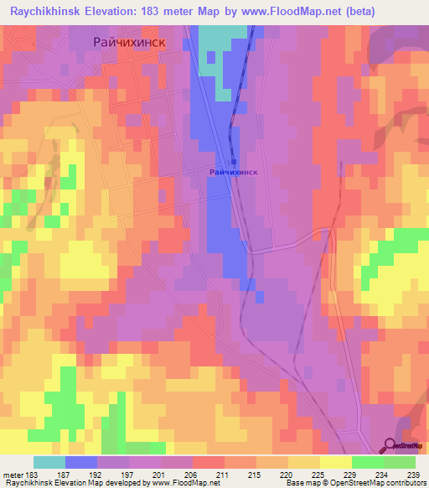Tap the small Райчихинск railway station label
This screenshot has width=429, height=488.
tap(233, 172)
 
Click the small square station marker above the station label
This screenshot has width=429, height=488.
tap(234, 162)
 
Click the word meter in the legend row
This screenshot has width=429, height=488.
tap(13, 475)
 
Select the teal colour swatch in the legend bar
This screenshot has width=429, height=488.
tap(49, 462)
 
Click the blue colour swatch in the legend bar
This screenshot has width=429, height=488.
tap(81, 462)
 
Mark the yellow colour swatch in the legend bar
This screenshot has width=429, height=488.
tap(335, 462)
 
